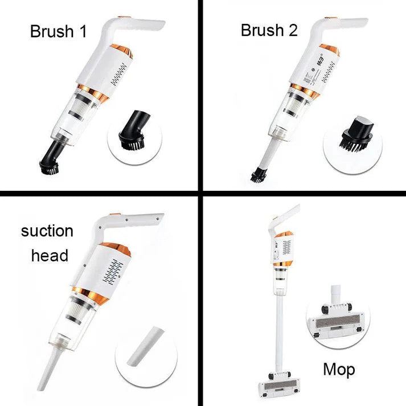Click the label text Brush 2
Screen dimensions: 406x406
[x=269, y=30]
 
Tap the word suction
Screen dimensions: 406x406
[x=47, y=231]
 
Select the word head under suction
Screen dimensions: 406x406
[x=50, y=255]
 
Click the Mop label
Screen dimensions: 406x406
[x=339, y=370]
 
